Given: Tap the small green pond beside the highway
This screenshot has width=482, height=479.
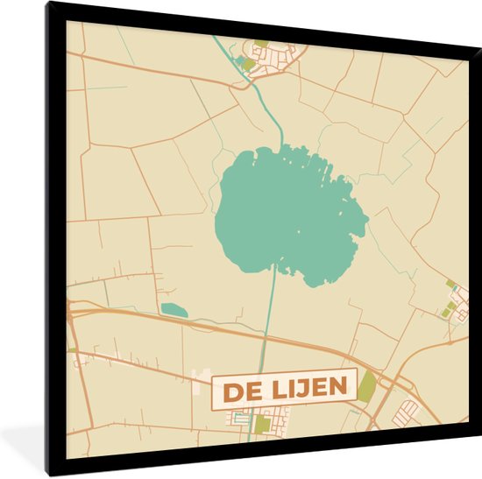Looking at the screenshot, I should (174, 309).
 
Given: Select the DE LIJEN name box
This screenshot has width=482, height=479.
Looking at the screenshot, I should (284, 387).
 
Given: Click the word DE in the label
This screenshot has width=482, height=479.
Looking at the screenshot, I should (237, 388).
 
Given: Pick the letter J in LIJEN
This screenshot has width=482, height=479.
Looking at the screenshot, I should (297, 387).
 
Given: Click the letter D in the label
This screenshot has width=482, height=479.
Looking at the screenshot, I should (230, 388).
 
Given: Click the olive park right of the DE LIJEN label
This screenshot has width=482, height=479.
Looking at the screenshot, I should (366, 385).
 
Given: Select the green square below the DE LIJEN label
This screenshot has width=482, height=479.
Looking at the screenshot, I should (262, 425).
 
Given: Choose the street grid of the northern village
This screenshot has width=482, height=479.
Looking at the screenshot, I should (279, 56).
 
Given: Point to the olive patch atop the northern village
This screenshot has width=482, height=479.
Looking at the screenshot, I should (261, 42).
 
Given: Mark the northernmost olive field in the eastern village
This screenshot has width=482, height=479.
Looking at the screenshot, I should (450, 285).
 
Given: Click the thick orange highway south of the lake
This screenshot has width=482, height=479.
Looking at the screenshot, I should (219, 328).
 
